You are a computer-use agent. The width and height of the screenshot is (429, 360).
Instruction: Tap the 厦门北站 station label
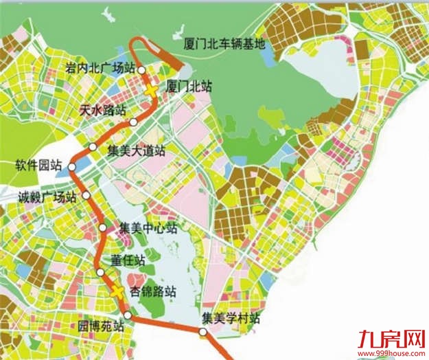[189, 87]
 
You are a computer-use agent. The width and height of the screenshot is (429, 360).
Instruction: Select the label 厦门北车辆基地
[224, 43]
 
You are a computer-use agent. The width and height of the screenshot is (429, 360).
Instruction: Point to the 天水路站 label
[103, 109]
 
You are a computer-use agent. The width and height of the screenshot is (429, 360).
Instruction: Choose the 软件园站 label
[39, 166]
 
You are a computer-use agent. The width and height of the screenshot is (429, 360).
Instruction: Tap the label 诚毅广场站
[46, 197]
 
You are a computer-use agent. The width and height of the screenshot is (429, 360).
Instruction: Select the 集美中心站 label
[148, 228]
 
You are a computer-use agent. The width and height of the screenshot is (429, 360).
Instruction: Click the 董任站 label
[128, 260]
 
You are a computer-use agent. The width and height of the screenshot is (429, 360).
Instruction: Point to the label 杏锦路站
[153, 291]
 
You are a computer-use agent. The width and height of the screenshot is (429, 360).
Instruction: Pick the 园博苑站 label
[100, 326]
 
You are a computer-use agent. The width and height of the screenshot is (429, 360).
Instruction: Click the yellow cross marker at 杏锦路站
[119, 292]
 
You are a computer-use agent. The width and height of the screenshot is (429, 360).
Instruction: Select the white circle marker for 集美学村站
[202, 333]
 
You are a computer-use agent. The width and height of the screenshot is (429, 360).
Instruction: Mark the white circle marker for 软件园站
[71, 167]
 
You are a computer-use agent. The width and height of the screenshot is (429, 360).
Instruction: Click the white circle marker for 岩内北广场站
[141, 69]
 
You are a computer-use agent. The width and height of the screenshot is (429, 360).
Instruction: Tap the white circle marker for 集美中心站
[102, 228]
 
